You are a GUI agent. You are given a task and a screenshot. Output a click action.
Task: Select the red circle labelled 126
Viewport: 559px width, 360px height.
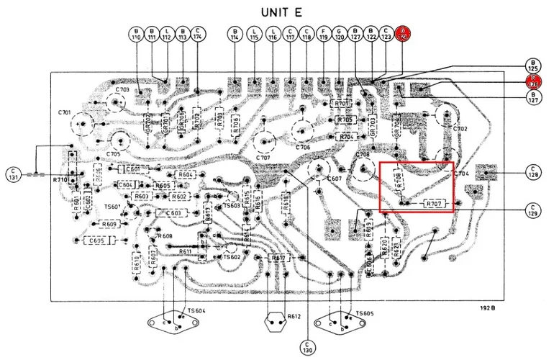(x=534, y=81)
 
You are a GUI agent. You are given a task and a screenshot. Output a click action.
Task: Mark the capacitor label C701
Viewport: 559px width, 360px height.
(x=64, y=112)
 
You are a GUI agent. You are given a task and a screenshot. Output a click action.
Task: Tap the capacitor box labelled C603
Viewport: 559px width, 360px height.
(x=173, y=213)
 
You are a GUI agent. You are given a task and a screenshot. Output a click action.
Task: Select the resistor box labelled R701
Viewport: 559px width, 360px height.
(x=342, y=104)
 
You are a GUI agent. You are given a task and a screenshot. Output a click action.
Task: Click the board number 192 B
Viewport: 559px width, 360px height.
(x=488, y=308)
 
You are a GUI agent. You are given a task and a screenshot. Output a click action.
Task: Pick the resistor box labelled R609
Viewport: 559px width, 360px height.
(x=109, y=224)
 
